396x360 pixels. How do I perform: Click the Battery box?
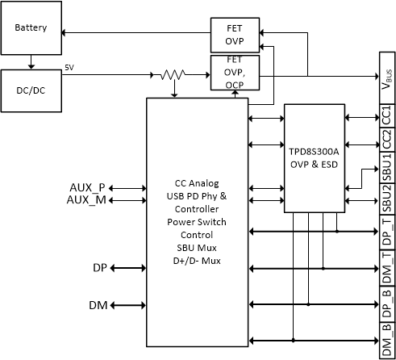tap(31, 28)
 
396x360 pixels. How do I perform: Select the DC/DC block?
tap(31, 90)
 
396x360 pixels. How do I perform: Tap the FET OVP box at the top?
tap(235, 35)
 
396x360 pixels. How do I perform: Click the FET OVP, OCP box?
tap(235, 72)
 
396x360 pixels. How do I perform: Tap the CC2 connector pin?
tap(386, 138)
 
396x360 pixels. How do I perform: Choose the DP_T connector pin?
tap(386, 232)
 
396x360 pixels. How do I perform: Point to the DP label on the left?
tap(99, 266)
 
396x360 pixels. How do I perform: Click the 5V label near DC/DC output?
tap(70, 68)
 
